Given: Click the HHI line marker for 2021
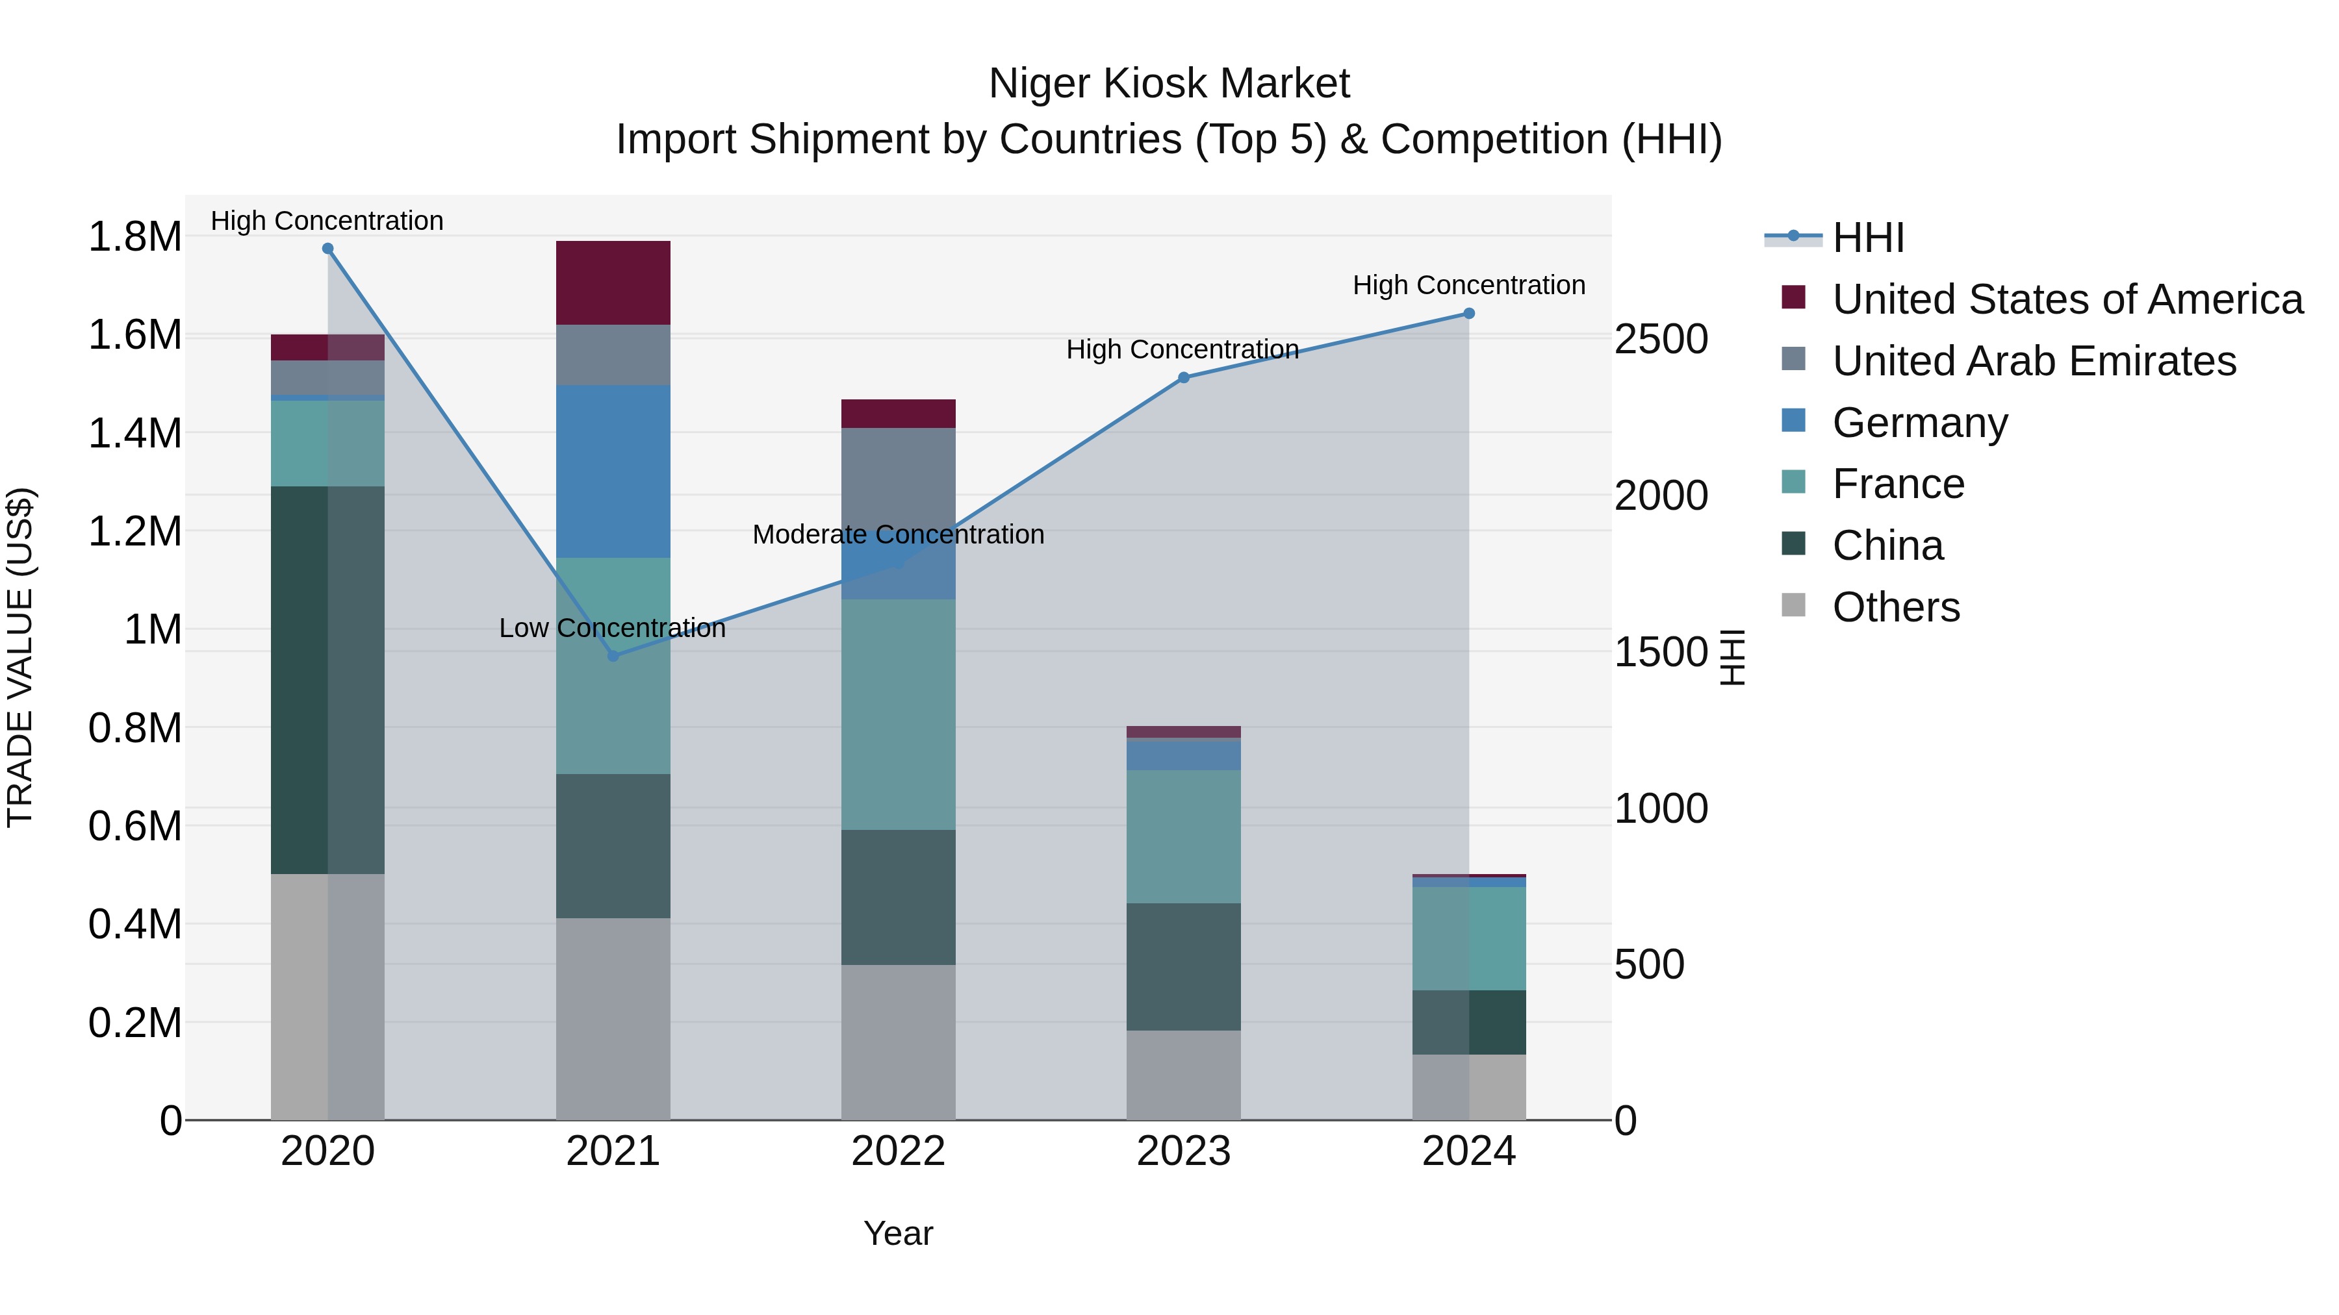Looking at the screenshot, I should pos(613,655).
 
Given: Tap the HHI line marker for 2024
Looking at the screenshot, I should pos(1468,313).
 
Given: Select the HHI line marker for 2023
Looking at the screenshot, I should pos(1183,377).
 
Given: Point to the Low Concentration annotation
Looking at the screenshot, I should pos(612,628).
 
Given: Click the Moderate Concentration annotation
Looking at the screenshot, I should pos(898,534).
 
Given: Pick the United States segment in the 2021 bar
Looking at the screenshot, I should pos(613,282).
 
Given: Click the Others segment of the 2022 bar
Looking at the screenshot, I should pos(898,1042).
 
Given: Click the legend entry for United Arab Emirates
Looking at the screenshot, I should pos(2033,361).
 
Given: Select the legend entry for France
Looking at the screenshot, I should pos(1898,484).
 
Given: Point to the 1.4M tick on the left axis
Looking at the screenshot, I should pos(134,433).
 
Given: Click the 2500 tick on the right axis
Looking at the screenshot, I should pos(1661,340).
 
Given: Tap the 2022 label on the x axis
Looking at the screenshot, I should pos(898,1151).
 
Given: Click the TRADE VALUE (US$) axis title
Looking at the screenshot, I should pos(20,657).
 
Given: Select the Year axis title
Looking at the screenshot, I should pos(898,1233).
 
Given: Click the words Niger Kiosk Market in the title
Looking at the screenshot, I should pos(1169,84).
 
